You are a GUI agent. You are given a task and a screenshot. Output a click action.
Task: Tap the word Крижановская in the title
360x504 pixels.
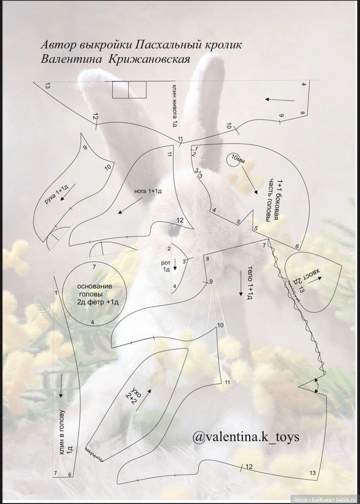(150, 59)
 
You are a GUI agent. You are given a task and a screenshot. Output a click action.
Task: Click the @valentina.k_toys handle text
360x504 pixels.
(246, 437)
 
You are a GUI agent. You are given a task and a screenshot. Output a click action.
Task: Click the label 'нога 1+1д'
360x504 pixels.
(148, 191)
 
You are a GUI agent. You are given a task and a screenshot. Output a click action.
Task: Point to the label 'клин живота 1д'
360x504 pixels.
(175, 105)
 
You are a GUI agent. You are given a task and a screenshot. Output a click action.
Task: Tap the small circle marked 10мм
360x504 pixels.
(234, 159)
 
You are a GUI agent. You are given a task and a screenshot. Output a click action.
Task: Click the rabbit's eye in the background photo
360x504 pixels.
(174, 229)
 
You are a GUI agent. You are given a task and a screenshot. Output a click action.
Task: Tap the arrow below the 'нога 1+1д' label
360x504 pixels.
(130, 206)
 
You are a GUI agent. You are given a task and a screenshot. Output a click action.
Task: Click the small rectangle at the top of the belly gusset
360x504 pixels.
(129, 89)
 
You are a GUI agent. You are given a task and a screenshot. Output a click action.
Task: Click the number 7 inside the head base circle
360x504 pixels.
(94, 267)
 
